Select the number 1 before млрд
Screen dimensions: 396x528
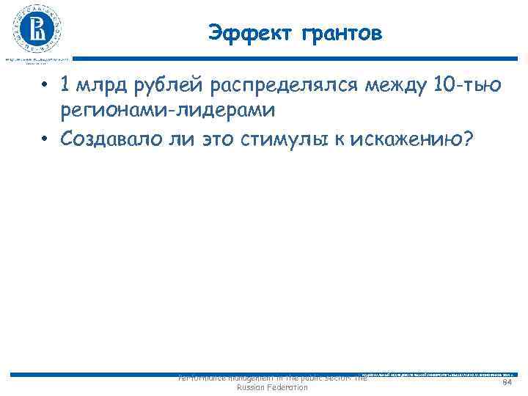tap(66, 87)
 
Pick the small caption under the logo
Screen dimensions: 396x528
tap(37, 59)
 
